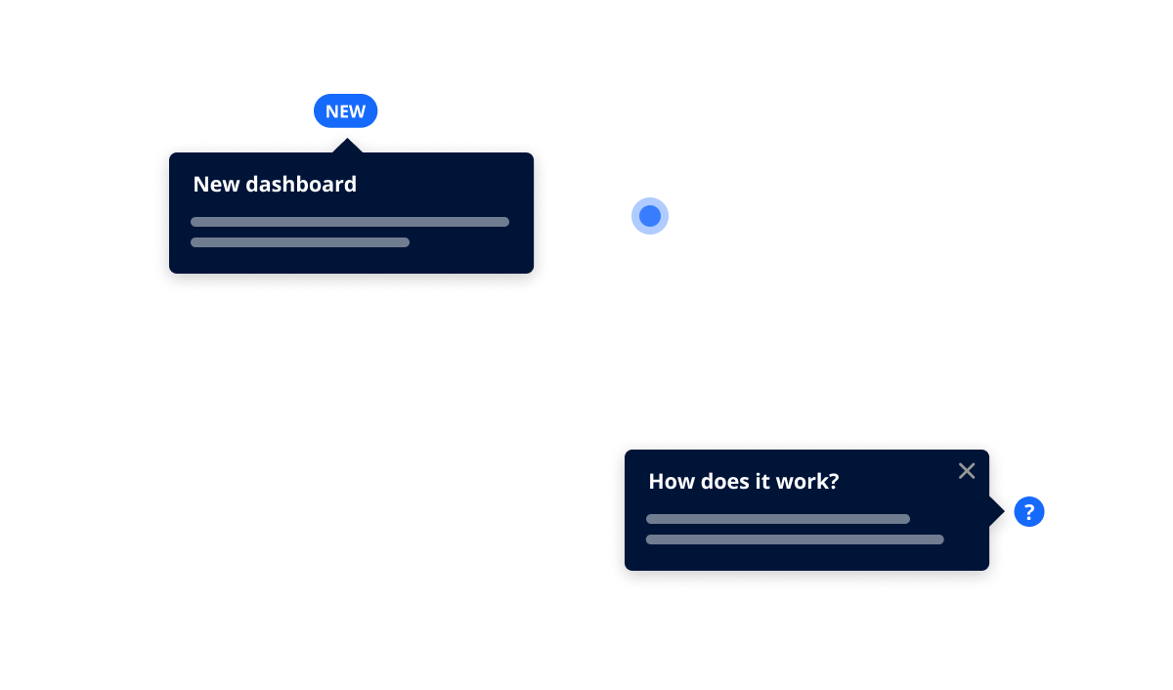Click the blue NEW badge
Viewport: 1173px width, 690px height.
pos(345,111)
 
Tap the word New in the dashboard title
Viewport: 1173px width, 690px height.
pos(216,184)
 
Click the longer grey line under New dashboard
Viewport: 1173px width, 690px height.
pos(350,222)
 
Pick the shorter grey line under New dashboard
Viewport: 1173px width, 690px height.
pos(300,242)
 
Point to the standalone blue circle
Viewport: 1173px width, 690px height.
pos(650,216)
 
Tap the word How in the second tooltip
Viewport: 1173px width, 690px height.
pos(671,481)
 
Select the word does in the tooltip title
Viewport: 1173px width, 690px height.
pos(724,481)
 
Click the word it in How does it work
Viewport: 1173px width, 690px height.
pos(767,481)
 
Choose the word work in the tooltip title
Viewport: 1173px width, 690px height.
pos(807,481)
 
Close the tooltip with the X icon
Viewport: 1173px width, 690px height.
pos(967,471)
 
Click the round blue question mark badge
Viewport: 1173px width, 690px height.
pos(1029,512)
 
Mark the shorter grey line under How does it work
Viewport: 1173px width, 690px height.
pos(778,519)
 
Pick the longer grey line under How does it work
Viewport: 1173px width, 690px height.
pos(795,539)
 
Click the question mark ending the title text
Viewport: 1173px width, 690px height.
pos(834,481)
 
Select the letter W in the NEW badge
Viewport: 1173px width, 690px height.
pos(358,111)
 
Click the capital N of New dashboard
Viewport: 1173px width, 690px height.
pos(200,184)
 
